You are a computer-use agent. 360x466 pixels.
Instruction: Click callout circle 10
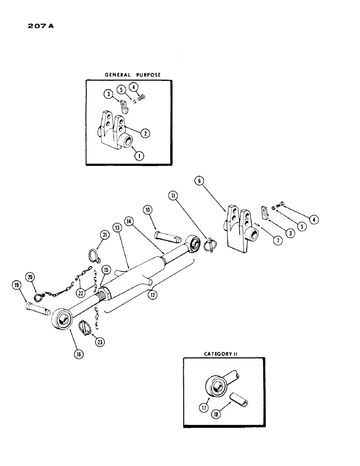147,211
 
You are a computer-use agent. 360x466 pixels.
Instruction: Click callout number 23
100,342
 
